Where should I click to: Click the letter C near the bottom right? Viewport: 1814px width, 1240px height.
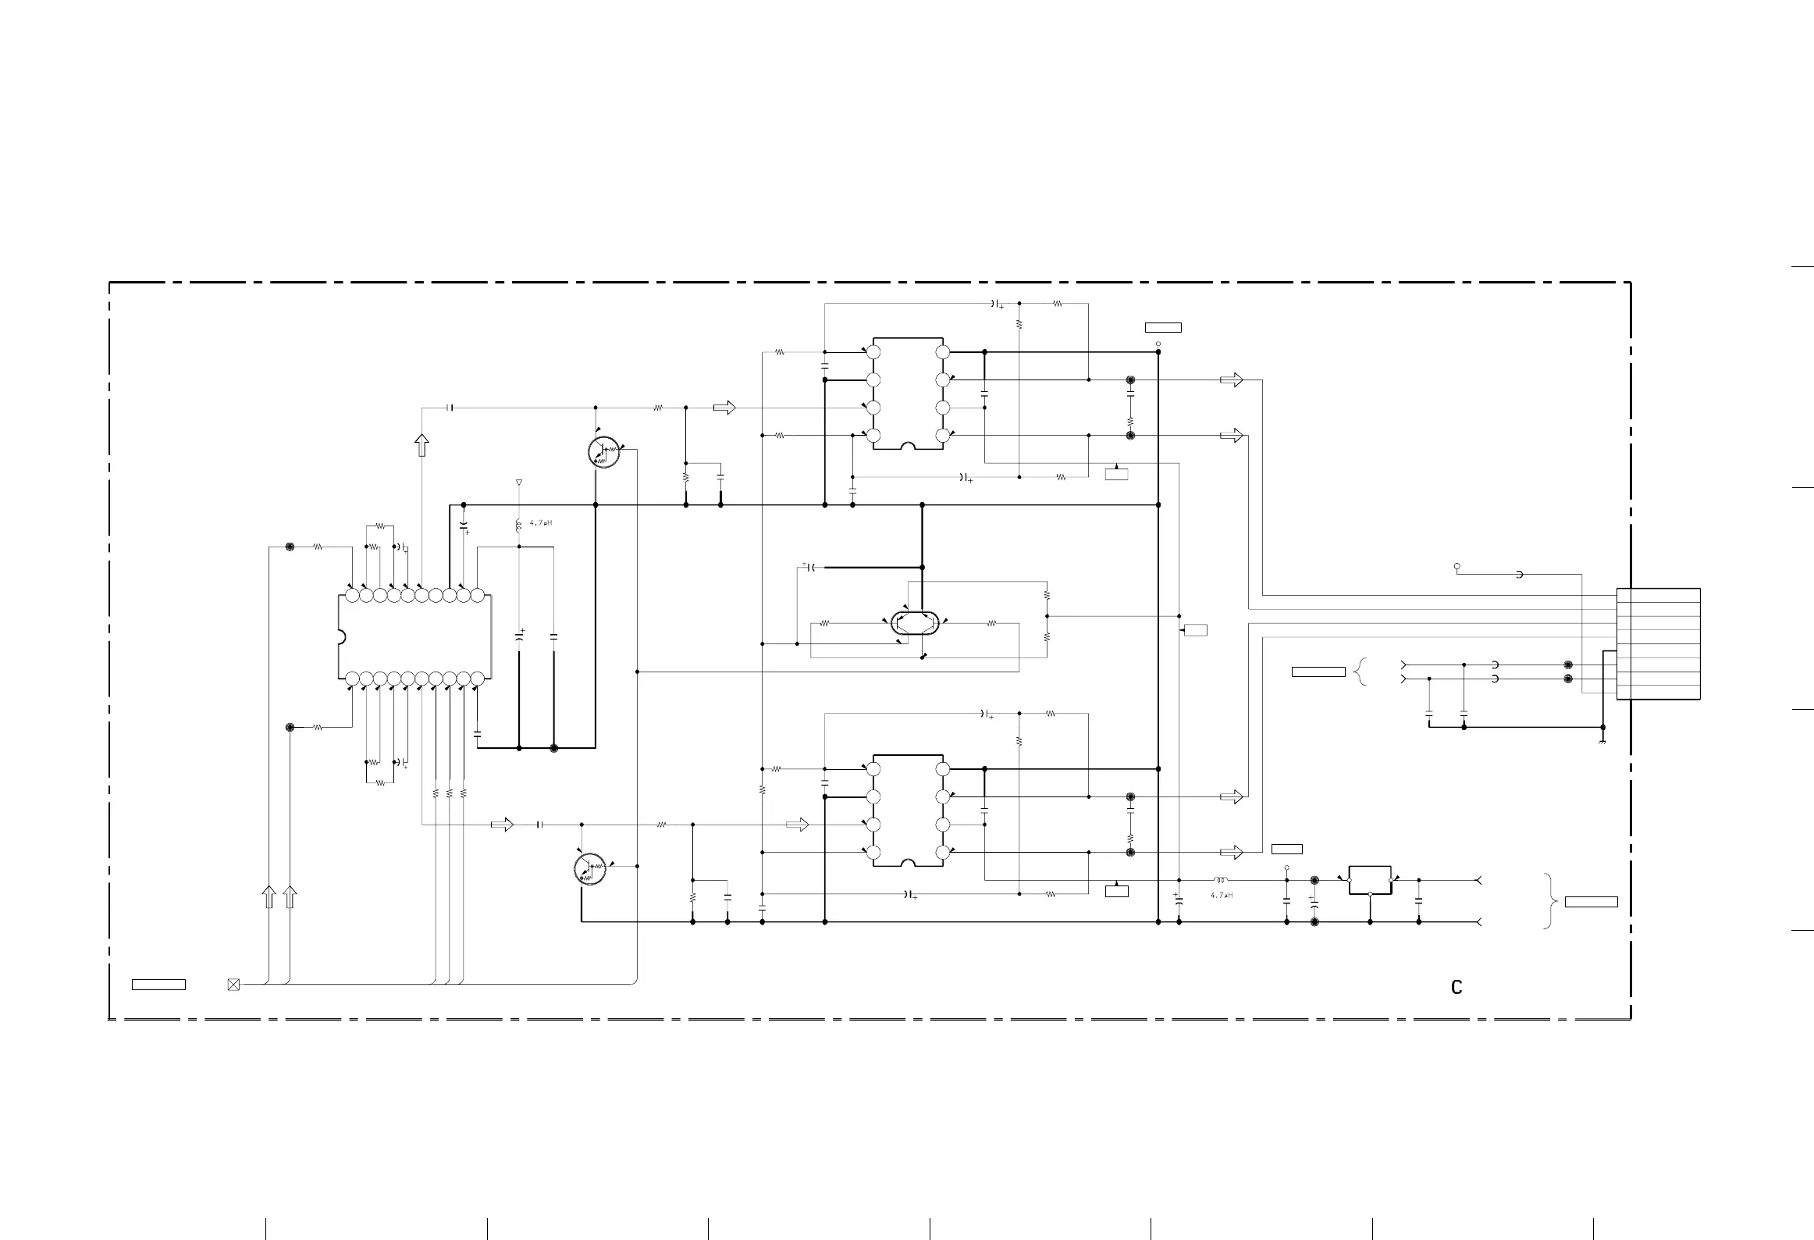pos(1456,988)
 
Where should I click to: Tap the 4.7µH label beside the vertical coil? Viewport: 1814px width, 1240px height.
pos(540,523)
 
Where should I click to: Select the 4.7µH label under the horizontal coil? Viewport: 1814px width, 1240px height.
pos(1222,896)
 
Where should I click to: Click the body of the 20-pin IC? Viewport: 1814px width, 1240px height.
pos(415,637)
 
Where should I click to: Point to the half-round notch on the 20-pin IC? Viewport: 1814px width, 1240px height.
pos(341,637)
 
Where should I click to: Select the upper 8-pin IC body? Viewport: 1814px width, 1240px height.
pos(908,394)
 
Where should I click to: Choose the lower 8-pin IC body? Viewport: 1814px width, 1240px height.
pos(908,811)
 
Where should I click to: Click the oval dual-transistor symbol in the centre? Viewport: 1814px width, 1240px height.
pos(915,622)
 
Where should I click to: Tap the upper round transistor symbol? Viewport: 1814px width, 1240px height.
pos(604,452)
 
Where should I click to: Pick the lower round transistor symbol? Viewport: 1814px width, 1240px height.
pos(590,869)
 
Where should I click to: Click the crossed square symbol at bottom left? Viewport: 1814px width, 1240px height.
pos(233,985)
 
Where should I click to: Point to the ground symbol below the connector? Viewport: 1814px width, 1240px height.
pos(1602,741)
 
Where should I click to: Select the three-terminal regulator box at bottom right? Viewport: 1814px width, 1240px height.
pos(1370,880)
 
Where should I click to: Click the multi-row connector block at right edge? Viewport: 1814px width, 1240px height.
pos(1658,643)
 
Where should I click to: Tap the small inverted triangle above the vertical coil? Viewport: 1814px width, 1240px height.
pos(519,483)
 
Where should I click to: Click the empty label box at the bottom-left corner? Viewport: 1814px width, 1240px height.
pos(158,985)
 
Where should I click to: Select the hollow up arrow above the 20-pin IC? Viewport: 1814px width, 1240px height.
pos(421,445)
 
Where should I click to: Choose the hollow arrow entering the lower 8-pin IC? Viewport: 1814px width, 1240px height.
pos(798,825)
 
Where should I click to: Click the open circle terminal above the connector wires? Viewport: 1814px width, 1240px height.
pos(1457,566)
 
